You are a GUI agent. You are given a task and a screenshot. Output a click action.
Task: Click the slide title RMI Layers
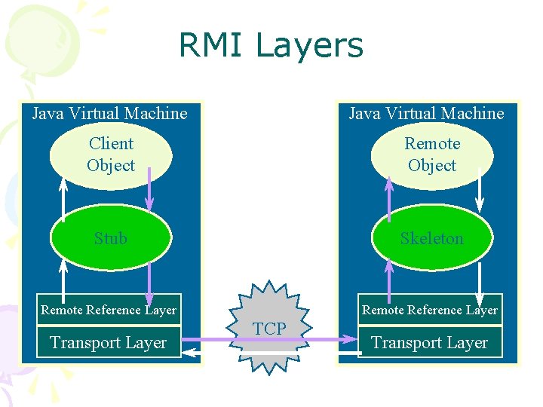point(271,45)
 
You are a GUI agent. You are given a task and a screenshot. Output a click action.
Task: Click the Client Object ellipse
point(111,155)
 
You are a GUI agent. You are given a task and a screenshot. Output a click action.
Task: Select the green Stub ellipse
point(111,238)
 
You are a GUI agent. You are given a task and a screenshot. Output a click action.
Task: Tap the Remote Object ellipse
point(432,155)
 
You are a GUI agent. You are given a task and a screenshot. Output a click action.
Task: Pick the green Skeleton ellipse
point(432,238)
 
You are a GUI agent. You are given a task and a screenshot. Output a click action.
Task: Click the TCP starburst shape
point(269,329)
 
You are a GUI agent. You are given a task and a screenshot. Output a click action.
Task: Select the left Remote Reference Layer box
point(109,310)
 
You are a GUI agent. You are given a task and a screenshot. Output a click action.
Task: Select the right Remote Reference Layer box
point(430,310)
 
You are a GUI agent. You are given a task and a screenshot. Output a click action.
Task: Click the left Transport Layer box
point(109,343)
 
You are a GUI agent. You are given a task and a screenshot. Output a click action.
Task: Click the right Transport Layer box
point(430,343)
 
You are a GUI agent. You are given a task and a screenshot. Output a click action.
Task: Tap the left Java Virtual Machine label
point(109,114)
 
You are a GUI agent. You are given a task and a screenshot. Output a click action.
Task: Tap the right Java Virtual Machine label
point(426,114)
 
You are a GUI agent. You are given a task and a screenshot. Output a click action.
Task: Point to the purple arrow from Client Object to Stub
point(149,188)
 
